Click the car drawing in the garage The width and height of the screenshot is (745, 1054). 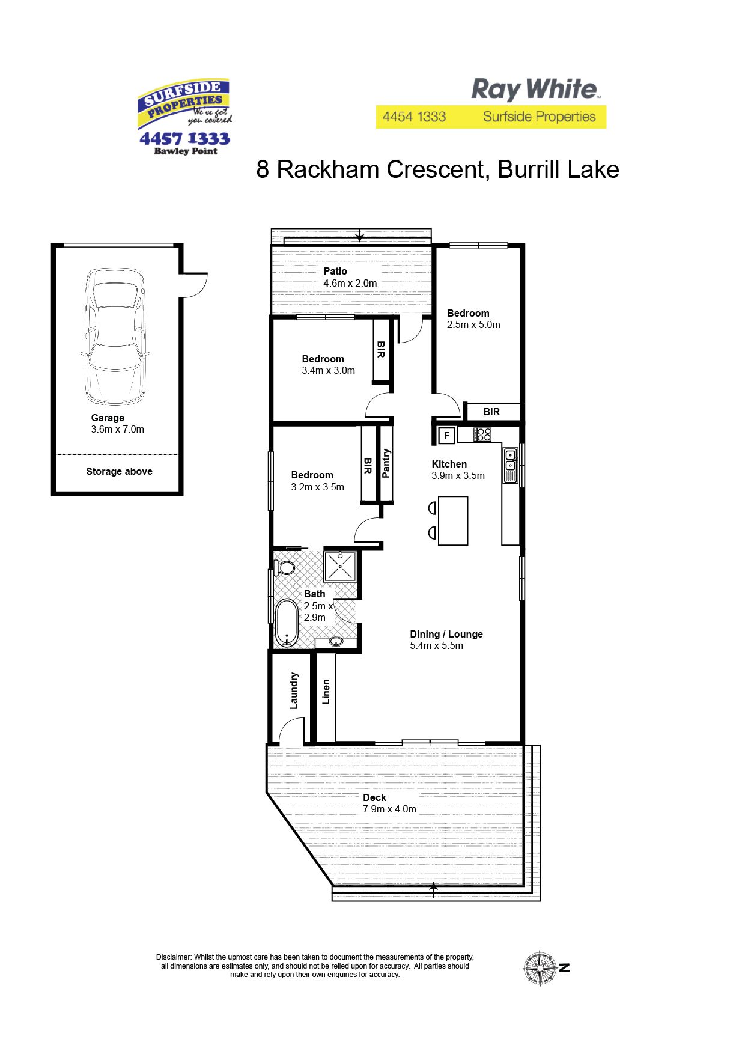[x=115, y=337]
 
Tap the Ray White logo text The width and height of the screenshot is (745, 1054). [x=535, y=90]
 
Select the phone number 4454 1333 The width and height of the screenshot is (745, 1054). [x=414, y=117]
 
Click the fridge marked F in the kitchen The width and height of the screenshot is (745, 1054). [x=446, y=435]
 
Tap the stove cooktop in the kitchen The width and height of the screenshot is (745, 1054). [x=482, y=434]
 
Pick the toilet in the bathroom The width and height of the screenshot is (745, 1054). [x=284, y=567]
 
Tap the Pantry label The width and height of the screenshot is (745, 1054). [x=386, y=463]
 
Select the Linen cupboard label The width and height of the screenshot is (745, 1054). [x=326, y=692]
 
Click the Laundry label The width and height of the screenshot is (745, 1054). [x=294, y=690]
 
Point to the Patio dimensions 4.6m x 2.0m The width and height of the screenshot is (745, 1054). [x=350, y=283]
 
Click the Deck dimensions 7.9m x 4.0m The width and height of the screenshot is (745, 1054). [x=389, y=809]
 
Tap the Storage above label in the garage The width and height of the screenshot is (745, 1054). [x=119, y=471]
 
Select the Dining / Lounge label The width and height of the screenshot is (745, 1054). [x=446, y=634]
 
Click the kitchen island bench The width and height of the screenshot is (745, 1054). [x=453, y=520]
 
